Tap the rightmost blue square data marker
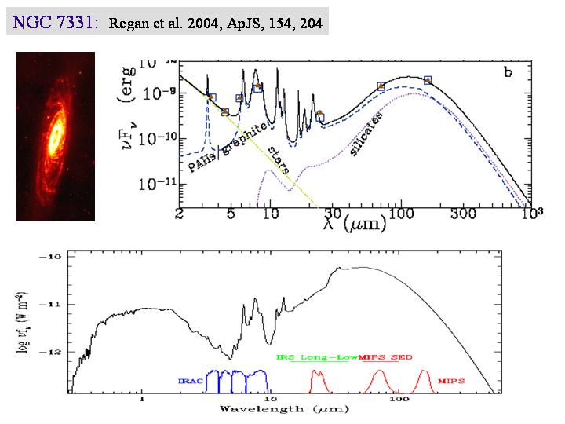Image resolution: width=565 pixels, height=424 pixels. pos(428,80)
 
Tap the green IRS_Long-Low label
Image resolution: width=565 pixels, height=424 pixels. pos(317,356)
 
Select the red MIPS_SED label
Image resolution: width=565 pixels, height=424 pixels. pos(385,356)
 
